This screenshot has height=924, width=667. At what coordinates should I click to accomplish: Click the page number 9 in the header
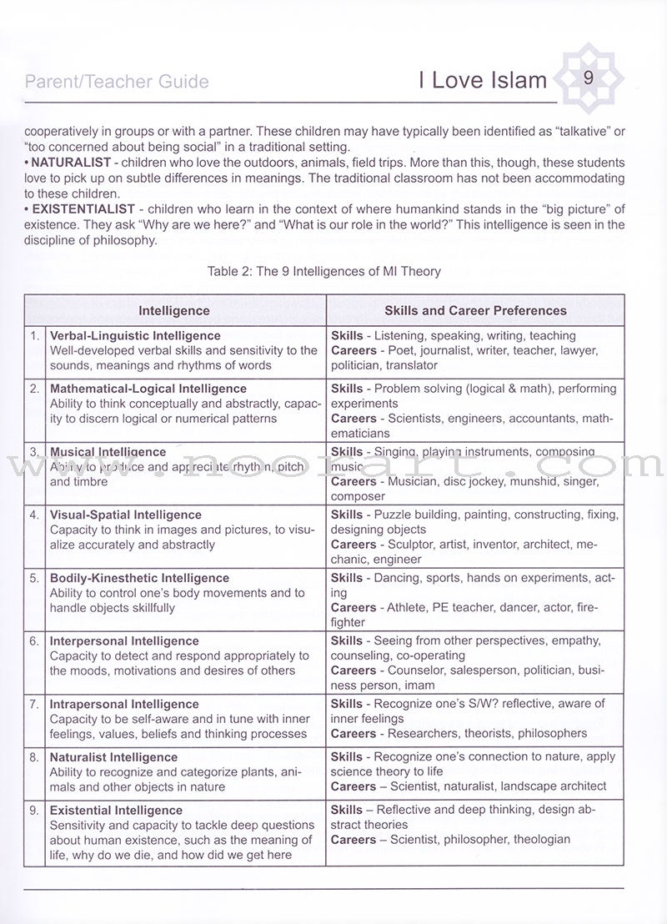coord(588,78)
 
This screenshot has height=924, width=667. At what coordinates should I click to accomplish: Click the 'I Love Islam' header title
coord(483,80)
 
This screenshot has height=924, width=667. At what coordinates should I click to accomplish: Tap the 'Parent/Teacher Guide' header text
coord(117,82)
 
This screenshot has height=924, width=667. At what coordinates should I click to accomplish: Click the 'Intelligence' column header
coord(174,311)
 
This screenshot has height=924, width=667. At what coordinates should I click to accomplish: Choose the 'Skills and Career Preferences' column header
coord(475,311)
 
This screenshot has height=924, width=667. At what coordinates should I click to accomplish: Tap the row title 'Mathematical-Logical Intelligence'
coord(148,389)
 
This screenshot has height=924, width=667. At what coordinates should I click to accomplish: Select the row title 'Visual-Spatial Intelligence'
coord(126,515)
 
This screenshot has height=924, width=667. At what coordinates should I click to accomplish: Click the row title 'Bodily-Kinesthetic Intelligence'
coord(139,578)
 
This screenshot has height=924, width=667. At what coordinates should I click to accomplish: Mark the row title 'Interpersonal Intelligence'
coord(124,641)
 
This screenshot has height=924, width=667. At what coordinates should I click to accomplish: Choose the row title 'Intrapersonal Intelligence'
coord(124,705)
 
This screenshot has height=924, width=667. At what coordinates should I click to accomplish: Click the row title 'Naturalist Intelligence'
coord(114,757)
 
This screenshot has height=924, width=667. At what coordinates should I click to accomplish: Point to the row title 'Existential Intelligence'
coord(116,810)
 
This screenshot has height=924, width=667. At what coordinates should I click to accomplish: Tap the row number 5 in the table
coord(35,578)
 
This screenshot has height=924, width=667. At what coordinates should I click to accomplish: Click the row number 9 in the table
coord(35,810)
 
